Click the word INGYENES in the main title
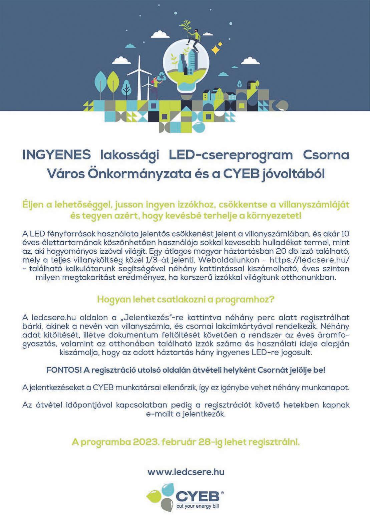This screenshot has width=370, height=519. (57, 156)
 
